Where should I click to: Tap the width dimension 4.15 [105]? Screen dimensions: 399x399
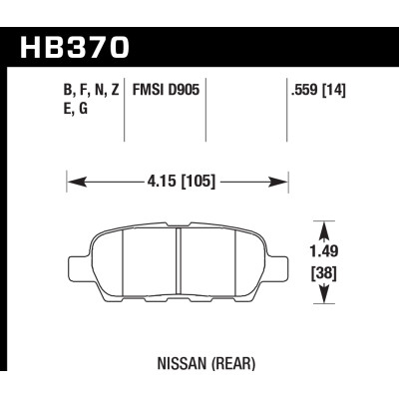coord(177,182)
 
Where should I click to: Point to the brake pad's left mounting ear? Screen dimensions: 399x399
coord(79,270)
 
